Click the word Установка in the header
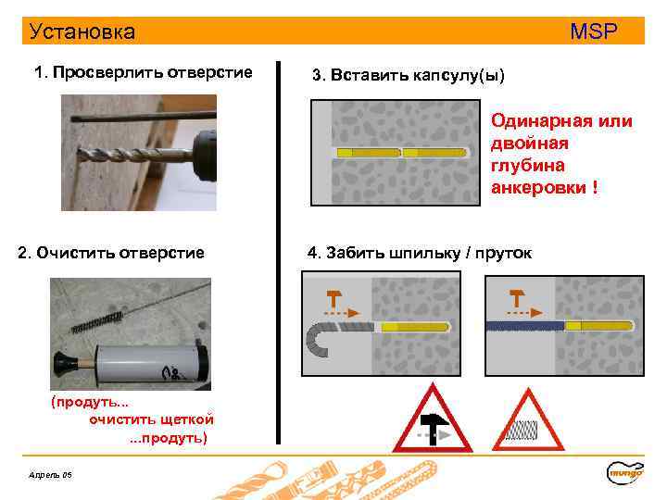coord(82,31)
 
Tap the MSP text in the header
coord(593,31)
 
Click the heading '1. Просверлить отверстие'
coord(143,72)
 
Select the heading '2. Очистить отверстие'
coord(111,252)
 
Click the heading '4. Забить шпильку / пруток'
coord(419,252)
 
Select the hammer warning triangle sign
coord(425,421)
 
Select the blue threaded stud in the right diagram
coord(524,326)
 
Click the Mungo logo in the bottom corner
coord(625,472)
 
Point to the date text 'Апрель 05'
coord(52,475)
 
